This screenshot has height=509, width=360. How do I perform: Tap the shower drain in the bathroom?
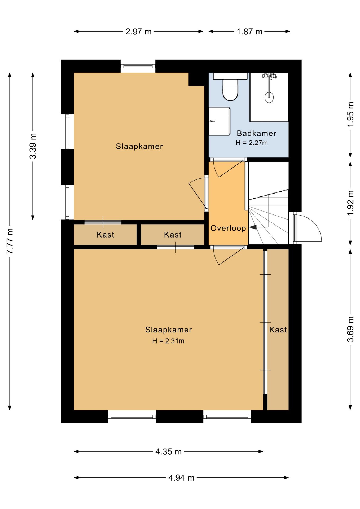pyautogui.click(x=269, y=97)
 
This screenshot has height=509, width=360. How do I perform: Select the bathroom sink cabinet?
pyautogui.click(x=219, y=121)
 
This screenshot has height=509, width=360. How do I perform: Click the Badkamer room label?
pyautogui.click(x=256, y=133)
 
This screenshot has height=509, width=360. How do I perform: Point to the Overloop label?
pyautogui.click(x=228, y=228)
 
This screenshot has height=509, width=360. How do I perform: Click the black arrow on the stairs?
pyautogui.click(x=253, y=227)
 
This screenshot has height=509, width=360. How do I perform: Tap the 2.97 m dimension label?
pyautogui.click(x=138, y=32)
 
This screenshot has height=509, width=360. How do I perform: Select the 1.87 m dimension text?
pyautogui.click(x=249, y=32)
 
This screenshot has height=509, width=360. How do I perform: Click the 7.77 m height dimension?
pyautogui.click(x=10, y=241)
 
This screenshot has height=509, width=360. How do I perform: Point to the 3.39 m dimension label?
pyautogui.click(x=33, y=146)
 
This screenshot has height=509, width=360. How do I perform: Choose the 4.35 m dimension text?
pyautogui.click(x=168, y=451)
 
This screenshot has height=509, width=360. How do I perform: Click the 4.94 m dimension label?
pyautogui.click(x=181, y=478)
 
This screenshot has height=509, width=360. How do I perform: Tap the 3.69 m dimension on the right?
pyautogui.click(x=350, y=329)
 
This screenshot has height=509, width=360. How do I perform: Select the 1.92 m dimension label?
pyautogui.click(x=350, y=203)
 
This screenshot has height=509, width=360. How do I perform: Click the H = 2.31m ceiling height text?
pyautogui.click(x=168, y=341)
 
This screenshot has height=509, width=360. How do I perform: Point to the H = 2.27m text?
pyautogui.click(x=252, y=143)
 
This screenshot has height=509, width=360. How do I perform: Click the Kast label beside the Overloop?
pyautogui.click(x=173, y=235)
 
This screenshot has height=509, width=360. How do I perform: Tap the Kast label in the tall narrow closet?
pyautogui.click(x=278, y=330)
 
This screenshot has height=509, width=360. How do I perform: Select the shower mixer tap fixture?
pyautogui.click(x=269, y=76)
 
